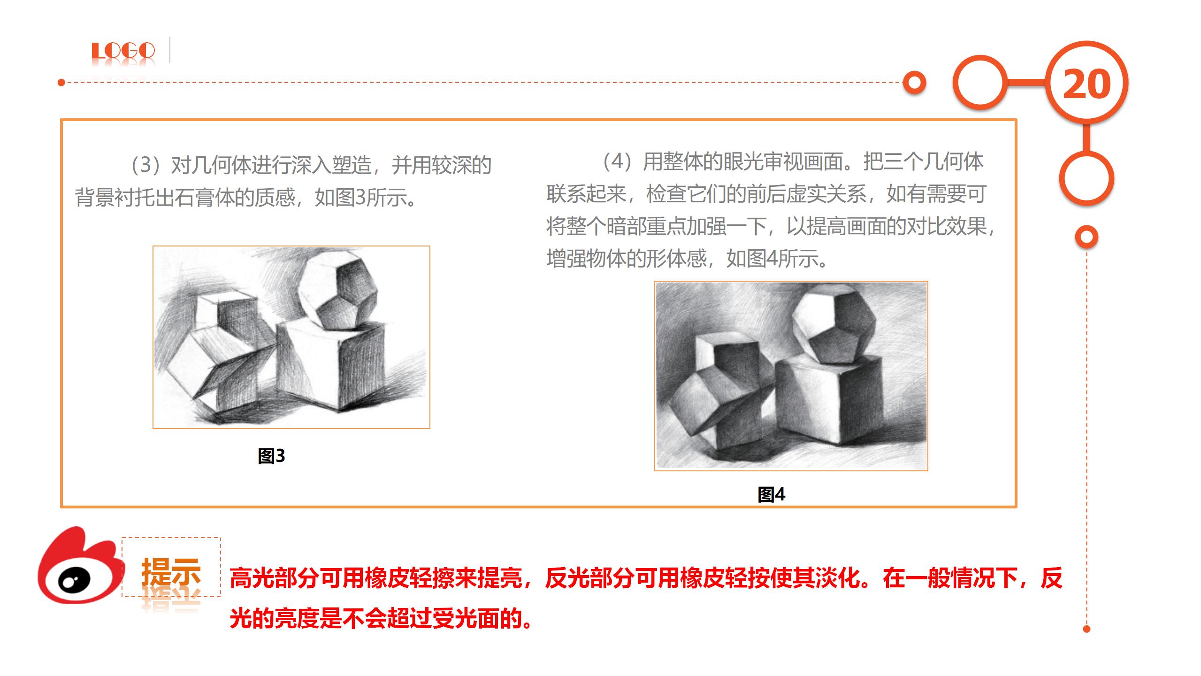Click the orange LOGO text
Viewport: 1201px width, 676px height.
pos(123,51)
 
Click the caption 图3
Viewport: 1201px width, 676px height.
pos(271,456)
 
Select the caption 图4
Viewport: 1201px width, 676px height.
pos(772,494)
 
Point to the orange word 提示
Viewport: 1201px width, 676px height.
pos(171,572)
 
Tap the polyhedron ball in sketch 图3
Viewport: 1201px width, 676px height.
pos(337,289)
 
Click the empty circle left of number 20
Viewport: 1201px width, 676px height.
pos(980,83)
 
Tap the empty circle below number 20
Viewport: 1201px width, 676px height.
pos(1086,179)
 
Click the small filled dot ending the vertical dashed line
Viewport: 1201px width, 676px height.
pos(1086,629)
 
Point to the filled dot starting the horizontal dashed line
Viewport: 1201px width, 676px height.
pos(61,83)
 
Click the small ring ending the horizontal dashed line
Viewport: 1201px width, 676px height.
pos(914,83)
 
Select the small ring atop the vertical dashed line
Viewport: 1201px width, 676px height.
pos(1086,237)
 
